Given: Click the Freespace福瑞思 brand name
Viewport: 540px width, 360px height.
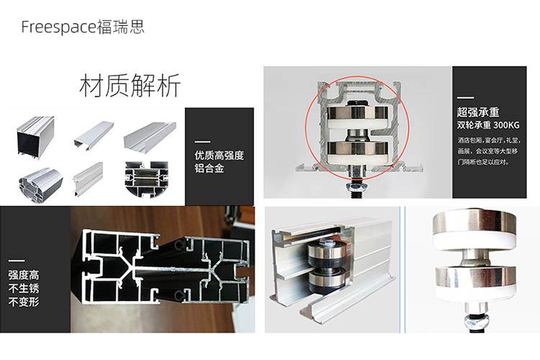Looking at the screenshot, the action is (x=83, y=27).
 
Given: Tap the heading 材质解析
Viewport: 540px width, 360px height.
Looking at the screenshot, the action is (x=130, y=86).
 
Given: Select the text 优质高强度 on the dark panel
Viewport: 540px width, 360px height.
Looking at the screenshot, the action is (x=219, y=156).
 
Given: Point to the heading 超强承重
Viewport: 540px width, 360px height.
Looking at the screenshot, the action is (x=478, y=112).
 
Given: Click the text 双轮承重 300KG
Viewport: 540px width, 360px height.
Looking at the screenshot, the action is (x=488, y=125).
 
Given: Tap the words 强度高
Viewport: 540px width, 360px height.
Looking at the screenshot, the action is (x=24, y=275).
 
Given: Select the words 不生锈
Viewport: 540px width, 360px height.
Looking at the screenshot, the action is (x=24, y=288).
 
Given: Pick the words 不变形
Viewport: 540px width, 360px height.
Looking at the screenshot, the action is (x=24, y=302).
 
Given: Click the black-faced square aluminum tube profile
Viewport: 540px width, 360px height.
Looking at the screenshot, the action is (x=36, y=137).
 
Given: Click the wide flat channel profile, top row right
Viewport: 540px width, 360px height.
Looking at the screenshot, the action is (x=150, y=137).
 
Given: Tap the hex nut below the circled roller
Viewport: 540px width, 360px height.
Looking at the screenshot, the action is (x=357, y=186).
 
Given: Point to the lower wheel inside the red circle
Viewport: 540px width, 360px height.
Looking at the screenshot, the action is (x=357, y=151).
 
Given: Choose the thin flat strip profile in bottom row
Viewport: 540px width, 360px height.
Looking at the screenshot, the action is (x=88, y=178).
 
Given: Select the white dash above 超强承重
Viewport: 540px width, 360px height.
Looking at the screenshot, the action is (x=465, y=98).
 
